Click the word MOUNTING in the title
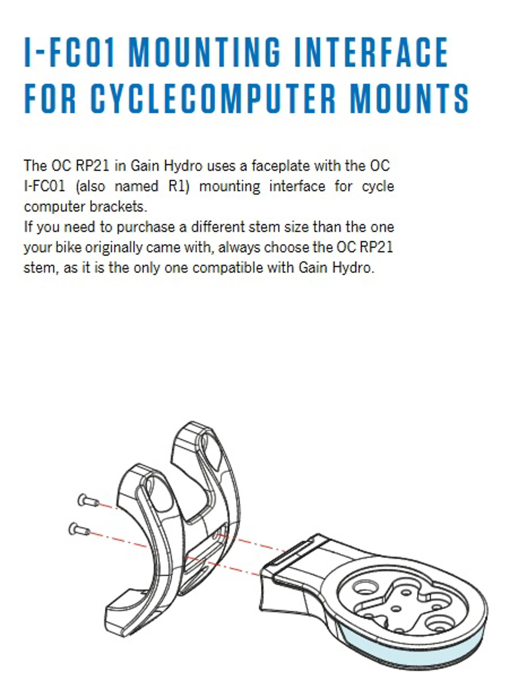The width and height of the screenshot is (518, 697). pyautogui.click(x=204, y=52)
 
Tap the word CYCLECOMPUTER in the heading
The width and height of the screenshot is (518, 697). pyautogui.click(x=213, y=98)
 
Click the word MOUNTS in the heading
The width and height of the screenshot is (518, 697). pyautogui.click(x=409, y=98)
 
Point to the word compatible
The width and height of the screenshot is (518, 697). pyautogui.click(x=228, y=268)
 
